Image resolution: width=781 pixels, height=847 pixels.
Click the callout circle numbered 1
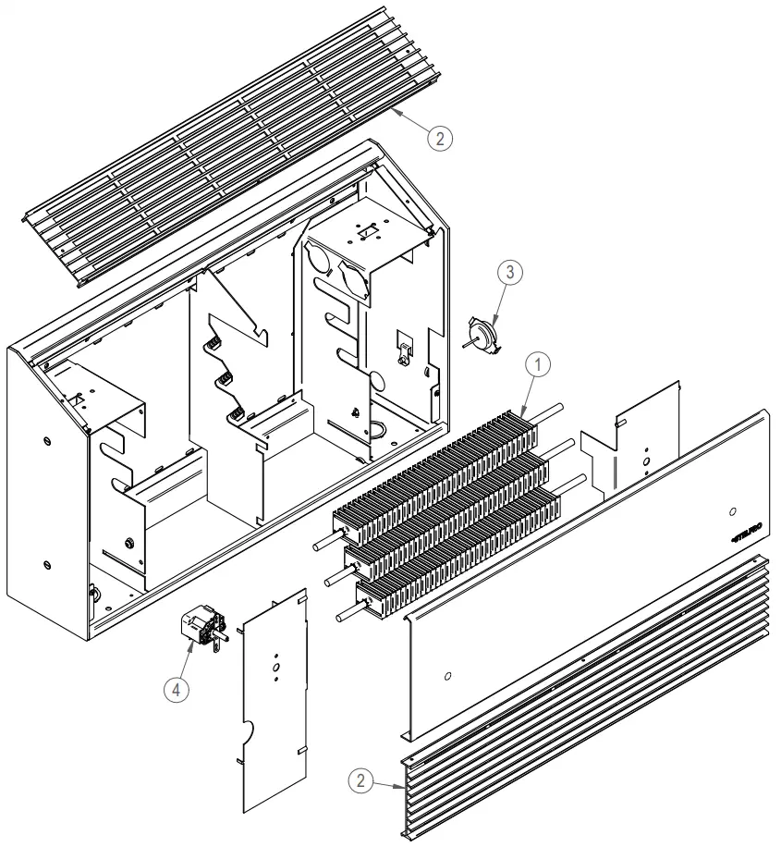(536, 364)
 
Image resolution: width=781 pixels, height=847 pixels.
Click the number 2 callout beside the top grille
(440, 138)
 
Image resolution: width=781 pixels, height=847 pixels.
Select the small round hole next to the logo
(731, 511)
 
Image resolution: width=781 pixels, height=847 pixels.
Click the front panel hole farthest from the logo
(447, 677)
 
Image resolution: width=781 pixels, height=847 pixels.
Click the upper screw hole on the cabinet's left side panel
(46, 440)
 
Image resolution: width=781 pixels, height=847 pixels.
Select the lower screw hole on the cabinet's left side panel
(46, 563)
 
